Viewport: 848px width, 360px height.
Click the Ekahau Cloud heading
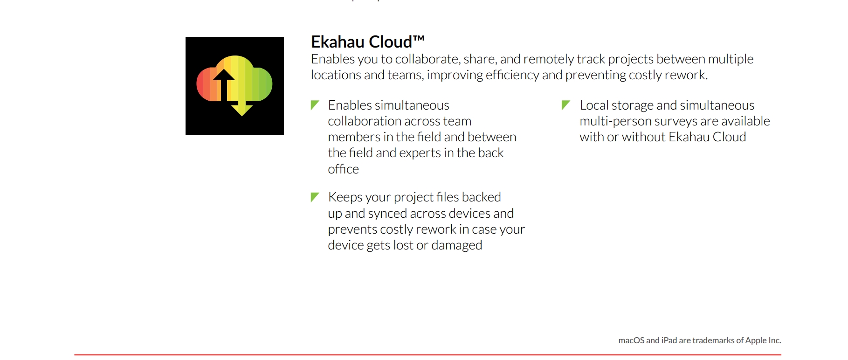(x=367, y=42)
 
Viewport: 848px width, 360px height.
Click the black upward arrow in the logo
(x=224, y=85)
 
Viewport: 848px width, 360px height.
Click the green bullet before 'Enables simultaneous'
(x=315, y=105)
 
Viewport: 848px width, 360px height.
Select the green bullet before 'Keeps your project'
(x=315, y=197)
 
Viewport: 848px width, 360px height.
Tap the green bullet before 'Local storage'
(x=566, y=105)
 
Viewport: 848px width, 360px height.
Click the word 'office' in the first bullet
(x=343, y=169)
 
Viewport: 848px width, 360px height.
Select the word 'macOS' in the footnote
(x=631, y=340)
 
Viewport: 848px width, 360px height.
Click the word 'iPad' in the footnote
(x=669, y=340)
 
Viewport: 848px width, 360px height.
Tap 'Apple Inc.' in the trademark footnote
(x=763, y=340)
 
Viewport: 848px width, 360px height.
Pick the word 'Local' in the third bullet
(x=594, y=105)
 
